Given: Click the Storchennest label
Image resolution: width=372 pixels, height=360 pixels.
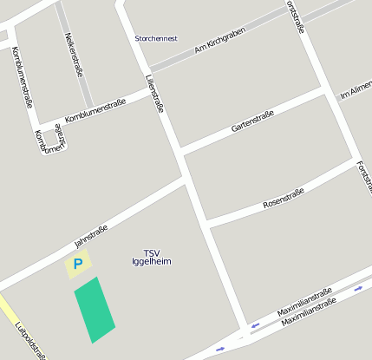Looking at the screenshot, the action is (x=157, y=38).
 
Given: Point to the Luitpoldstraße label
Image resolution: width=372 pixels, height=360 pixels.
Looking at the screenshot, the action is (x=30, y=341).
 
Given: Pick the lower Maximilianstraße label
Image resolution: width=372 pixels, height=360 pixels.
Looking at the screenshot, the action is (x=310, y=311).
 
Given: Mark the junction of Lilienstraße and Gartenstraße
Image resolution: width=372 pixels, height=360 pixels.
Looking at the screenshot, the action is (x=178, y=148).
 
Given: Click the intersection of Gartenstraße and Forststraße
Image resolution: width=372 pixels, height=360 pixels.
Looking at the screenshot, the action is (x=329, y=91).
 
